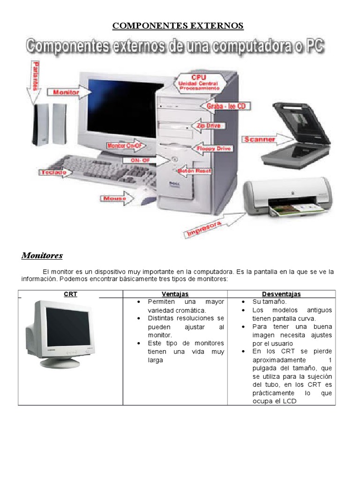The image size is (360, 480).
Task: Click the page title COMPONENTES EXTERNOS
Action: click(x=178, y=25)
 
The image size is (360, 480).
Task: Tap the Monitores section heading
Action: click(x=42, y=256)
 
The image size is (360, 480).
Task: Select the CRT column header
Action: click(x=70, y=294)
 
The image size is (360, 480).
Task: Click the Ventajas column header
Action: click(x=175, y=294)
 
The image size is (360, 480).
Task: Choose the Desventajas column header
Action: click(x=281, y=294)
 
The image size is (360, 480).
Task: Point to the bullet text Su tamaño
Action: click(x=269, y=302)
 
